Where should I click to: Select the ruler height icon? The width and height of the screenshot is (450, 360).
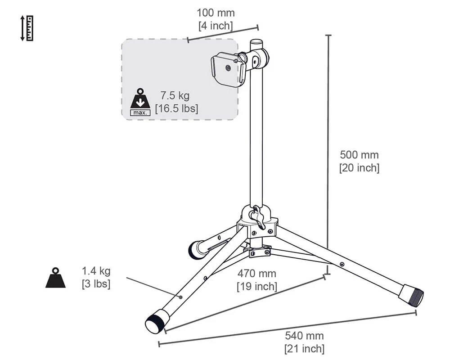(27, 28)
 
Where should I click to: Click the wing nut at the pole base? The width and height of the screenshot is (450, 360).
(257, 217)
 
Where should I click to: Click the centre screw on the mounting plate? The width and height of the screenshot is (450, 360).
(228, 68)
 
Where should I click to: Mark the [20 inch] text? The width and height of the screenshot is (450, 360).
(359, 168)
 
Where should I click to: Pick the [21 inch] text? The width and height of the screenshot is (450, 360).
(305, 349)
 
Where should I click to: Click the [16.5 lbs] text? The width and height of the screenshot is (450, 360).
(176, 108)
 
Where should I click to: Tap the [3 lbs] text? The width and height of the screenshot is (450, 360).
(96, 284)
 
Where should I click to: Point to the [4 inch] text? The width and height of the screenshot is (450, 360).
(216, 26)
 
